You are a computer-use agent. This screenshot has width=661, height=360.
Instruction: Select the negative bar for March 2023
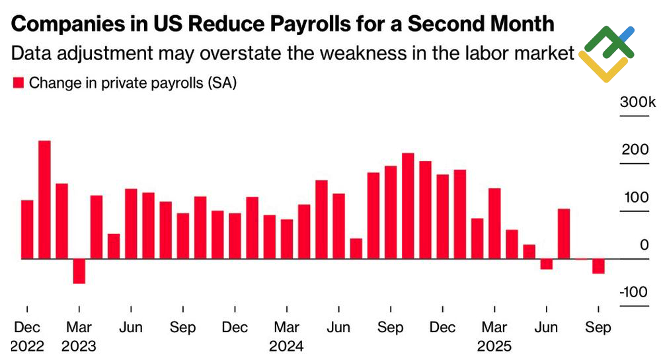tap(79, 271)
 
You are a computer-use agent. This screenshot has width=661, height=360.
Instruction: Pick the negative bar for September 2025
tap(598, 266)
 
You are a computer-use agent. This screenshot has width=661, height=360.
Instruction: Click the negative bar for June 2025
tap(547, 264)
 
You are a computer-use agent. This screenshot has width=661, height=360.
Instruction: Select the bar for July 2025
tap(564, 234)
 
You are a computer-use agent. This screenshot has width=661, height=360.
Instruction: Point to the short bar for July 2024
tap(356, 248)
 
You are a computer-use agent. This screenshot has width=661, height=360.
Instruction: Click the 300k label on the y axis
tap(637, 103)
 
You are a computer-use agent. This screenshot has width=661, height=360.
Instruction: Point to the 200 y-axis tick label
tap(635, 150)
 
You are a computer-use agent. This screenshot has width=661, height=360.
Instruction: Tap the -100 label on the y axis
tap(634, 293)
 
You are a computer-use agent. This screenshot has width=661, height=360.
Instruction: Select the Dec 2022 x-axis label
tap(27, 336)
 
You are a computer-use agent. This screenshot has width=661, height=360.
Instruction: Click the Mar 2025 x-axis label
tap(494, 336)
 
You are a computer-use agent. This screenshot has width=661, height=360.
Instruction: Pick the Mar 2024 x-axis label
tap(286, 336)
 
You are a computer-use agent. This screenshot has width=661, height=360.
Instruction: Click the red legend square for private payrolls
tap(19, 83)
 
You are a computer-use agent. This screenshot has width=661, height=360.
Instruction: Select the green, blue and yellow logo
tap(606, 54)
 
